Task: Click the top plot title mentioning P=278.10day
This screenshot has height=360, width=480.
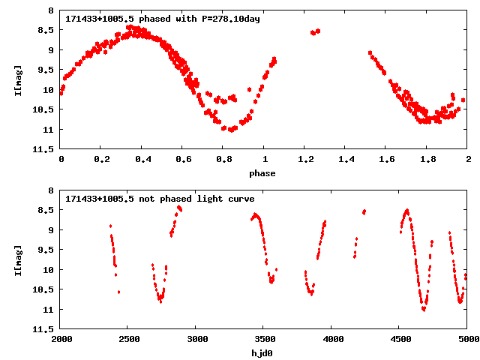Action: (x=162, y=19)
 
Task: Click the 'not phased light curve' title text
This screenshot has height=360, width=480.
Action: (x=159, y=199)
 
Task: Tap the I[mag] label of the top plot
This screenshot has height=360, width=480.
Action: (x=17, y=80)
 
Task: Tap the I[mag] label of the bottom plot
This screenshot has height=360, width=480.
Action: (x=17, y=259)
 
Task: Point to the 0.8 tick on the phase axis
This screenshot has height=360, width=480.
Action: (x=223, y=160)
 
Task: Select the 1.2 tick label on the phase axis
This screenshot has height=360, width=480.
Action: (x=304, y=160)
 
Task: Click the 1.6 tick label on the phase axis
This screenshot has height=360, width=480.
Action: (x=386, y=160)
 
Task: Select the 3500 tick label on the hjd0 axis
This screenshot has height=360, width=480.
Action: (x=262, y=339)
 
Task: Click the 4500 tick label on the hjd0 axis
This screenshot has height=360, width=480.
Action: (x=398, y=339)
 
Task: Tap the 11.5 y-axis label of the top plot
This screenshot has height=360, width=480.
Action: (x=44, y=149)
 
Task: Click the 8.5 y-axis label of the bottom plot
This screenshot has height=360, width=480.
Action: (x=46, y=210)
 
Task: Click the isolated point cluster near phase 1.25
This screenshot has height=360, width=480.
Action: (x=316, y=32)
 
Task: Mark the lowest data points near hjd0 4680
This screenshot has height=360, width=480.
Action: (x=424, y=307)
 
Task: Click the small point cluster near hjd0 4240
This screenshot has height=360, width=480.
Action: (x=364, y=212)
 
